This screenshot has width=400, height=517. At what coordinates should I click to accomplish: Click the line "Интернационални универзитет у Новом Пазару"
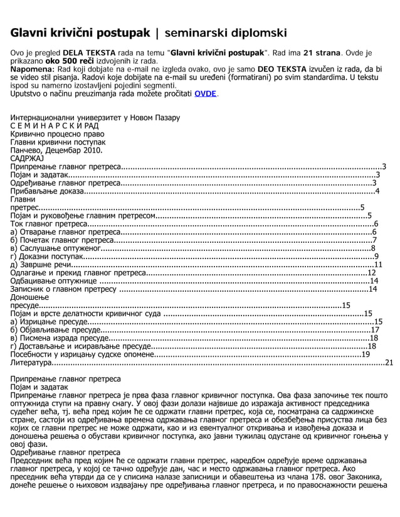click(95, 118)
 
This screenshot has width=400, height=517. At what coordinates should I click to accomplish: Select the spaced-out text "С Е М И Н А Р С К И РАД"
click(55, 126)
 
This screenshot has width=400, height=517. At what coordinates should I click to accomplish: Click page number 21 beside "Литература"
click(389, 362)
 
